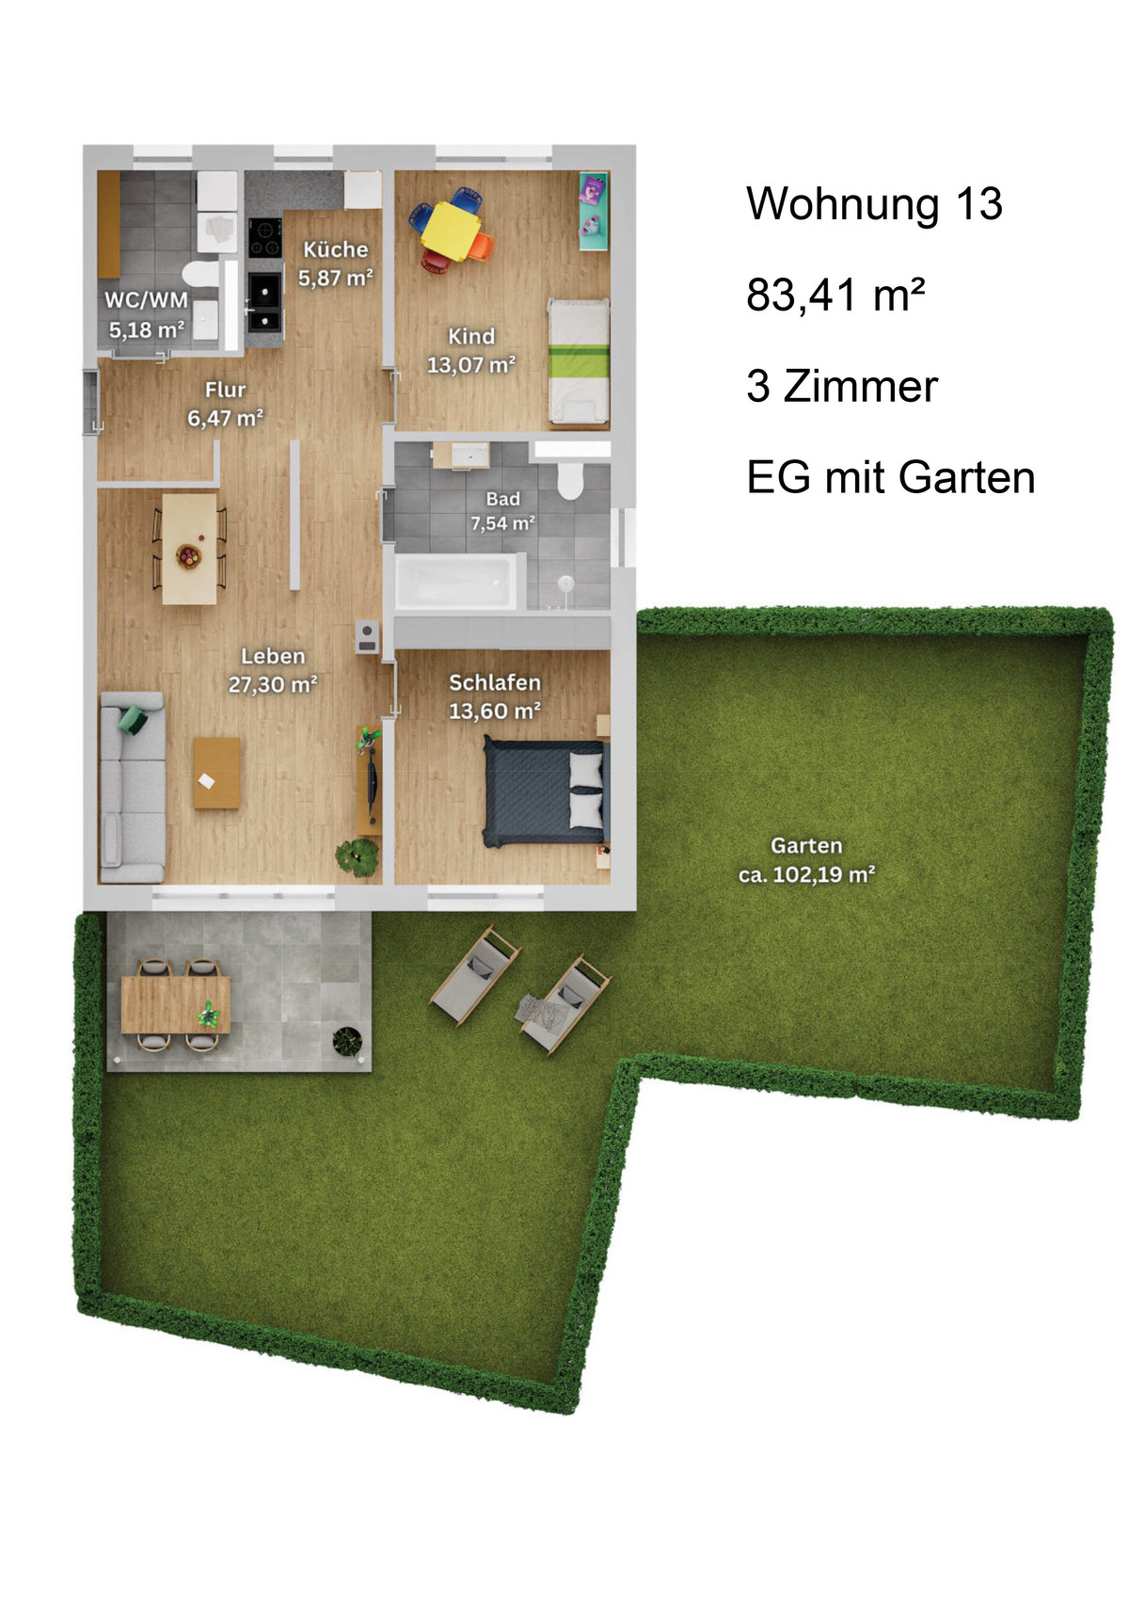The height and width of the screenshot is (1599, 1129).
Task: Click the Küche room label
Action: click(x=336, y=249)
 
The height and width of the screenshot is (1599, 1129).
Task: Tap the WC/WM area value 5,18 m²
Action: click(x=146, y=329)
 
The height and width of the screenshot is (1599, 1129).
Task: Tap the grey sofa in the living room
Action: click(x=133, y=788)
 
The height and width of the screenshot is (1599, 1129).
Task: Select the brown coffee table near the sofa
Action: click(x=216, y=773)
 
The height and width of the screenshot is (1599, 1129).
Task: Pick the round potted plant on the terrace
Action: click(x=347, y=1041)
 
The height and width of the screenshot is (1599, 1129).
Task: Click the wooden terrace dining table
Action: click(x=176, y=1004)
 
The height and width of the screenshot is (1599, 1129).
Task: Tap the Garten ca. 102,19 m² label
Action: click(x=806, y=859)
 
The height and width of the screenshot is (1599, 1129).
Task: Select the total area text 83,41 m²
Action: click(x=835, y=295)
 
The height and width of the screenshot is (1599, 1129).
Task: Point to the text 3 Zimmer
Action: click(x=842, y=386)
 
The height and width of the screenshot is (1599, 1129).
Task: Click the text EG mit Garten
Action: click(x=891, y=477)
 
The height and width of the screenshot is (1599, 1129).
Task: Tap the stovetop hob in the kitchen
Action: click(x=265, y=238)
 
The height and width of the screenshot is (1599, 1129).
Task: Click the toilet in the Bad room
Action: click(x=569, y=479)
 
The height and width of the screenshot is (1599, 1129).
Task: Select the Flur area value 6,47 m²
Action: click(x=226, y=418)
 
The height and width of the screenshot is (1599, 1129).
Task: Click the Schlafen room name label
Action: click(x=495, y=682)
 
